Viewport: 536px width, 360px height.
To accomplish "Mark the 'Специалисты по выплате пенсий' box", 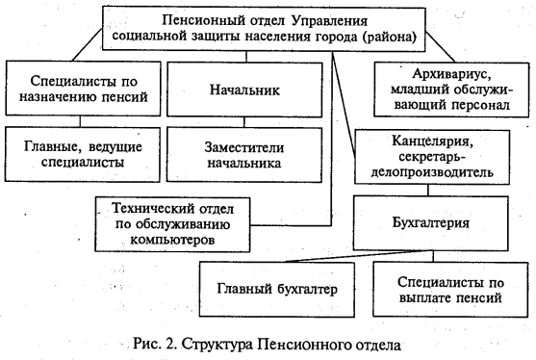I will click(x=449, y=289).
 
